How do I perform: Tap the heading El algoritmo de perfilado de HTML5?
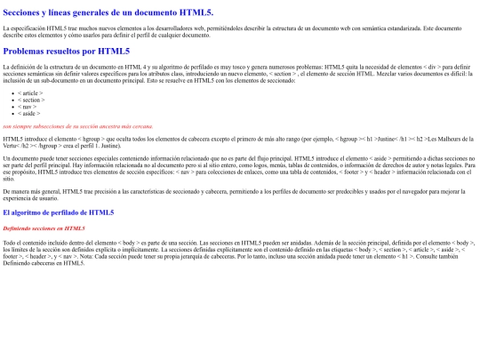point(59,212)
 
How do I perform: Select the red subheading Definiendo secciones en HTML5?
point(44,228)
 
